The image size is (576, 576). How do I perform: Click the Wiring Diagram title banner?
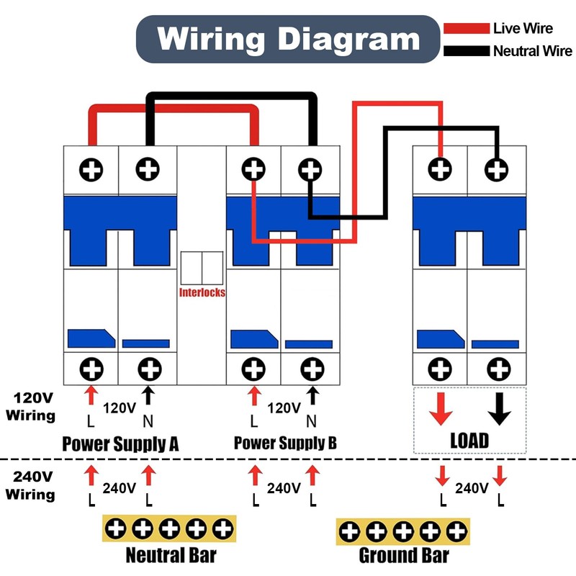[288, 39]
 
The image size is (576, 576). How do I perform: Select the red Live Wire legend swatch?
[466, 29]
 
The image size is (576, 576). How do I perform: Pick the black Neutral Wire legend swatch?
[466, 51]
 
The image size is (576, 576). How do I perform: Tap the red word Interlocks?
[202, 292]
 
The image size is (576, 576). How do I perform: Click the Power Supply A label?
[120, 443]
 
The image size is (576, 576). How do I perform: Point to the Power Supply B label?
[285, 442]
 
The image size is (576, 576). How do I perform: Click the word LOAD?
[469, 440]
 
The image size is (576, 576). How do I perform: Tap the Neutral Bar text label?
[171, 555]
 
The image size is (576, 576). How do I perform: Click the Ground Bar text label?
[404, 555]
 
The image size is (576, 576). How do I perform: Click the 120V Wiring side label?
[30, 406]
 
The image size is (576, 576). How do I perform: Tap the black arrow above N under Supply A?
[148, 395]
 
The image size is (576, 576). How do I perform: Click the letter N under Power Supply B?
[312, 420]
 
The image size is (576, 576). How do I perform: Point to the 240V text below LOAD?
[472, 488]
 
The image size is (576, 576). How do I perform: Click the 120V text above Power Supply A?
[120, 408]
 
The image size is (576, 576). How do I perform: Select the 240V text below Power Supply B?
[284, 488]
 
